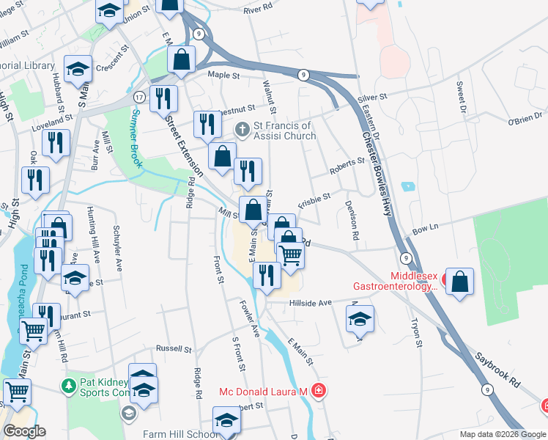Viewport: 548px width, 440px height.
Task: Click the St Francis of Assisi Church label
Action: pyautogui.click(x=285, y=131)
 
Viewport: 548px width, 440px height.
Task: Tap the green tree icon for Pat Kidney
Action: pyautogui.click(x=68, y=384)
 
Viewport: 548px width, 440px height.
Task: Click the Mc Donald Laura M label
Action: pyautogui.click(x=262, y=392)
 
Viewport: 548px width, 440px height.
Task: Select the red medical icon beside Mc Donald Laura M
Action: pyautogui.click(x=317, y=391)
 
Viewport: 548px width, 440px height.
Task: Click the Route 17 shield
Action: pyautogui.click(x=138, y=97)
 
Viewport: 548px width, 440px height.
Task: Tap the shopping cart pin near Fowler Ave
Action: pyautogui.click(x=291, y=254)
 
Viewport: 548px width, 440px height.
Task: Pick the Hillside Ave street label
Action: pyautogui.click(x=311, y=302)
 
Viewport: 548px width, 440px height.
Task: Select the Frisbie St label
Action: pyautogui.click(x=314, y=199)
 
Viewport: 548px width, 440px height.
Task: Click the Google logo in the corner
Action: pyautogui.click(x=24, y=431)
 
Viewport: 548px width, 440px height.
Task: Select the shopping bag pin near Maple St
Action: pyautogui.click(x=182, y=59)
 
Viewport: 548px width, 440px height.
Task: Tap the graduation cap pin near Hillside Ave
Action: pyautogui.click(x=360, y=319)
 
